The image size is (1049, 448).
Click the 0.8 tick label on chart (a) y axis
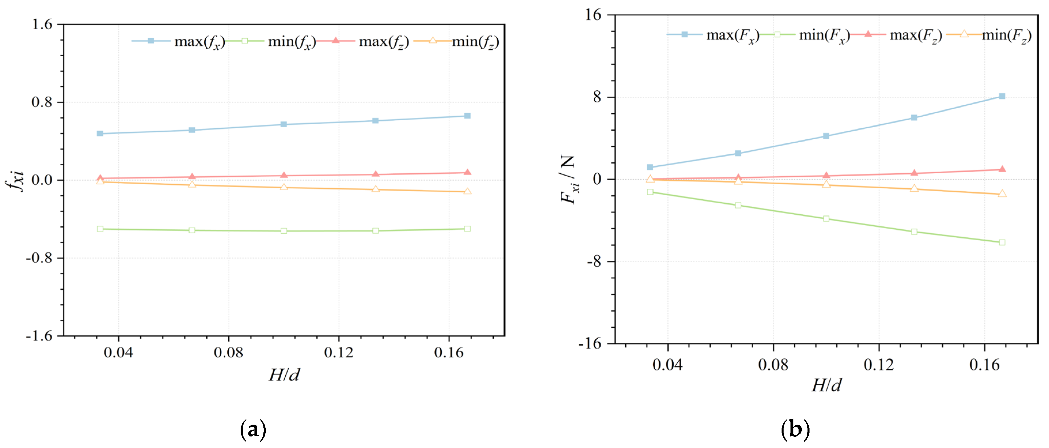pos(42,102)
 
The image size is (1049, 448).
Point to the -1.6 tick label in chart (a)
pos(39,336)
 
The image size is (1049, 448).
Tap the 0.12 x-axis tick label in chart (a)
pos(338,353)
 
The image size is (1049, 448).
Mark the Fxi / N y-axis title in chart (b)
pos(569,179)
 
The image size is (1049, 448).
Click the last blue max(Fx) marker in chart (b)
pos(1002,96)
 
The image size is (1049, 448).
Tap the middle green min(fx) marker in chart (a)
pos(284,231)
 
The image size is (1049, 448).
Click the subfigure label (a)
pos(253,430)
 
